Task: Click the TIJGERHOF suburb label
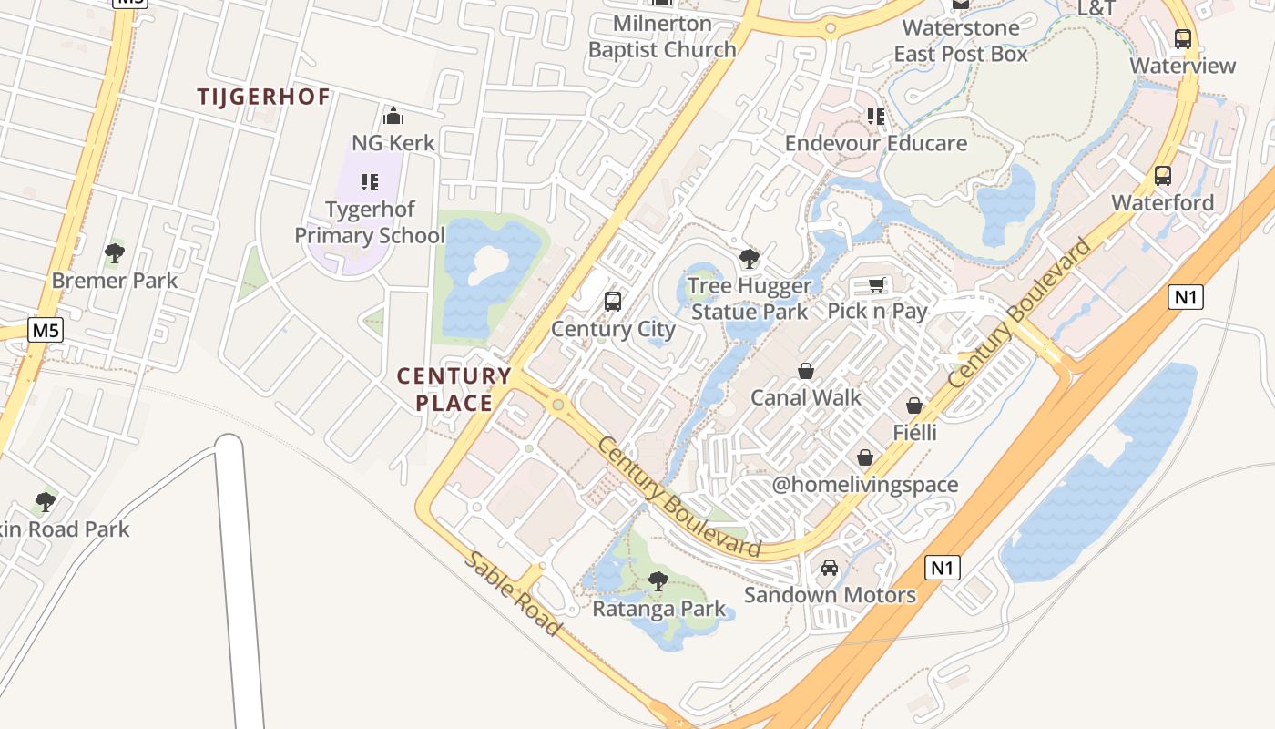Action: pyautogui.click(x=263, y=97)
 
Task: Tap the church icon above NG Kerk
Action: pyautogui.click(x=393, y=116)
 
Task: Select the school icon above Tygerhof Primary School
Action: pyautogui.click(x=369, y=182)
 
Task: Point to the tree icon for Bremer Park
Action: pyautogui.click(x=115, y=252)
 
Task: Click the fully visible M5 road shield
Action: pyautogui.click(x=46, y=330)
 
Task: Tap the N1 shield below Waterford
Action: pyautogui.click(x=1186, y=296)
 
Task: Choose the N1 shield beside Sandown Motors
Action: pyautogui.click(x=943, y=568)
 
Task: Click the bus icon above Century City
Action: pyautogui.click(x=613, y=301)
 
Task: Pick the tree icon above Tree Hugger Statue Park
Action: pyautogui.click(x=750, y=259)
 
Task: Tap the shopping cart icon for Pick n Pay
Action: pyautogui.click(x=876, y=285)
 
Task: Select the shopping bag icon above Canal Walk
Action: pyautogui.click(x=806, y=371)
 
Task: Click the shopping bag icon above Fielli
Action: pyautogui.click(x=914, y=406)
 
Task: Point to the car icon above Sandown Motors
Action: pyautogui.click(x=830, y=568)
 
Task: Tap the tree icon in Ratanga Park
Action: pyautogui.click(x=658, y=580)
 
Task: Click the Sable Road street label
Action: pyautogui.click(x=512, y=593)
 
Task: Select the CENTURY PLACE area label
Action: pyautogui.click(x=454, y=389)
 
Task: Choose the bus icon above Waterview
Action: pyautogui.click(x=1182, y=39)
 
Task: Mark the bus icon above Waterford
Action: pyautogui.click(x=1162, y=176)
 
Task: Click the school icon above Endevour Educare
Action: pyautogui.click(x=876, y=116)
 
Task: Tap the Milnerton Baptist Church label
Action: pyautogui.click(x=662, y=36)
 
